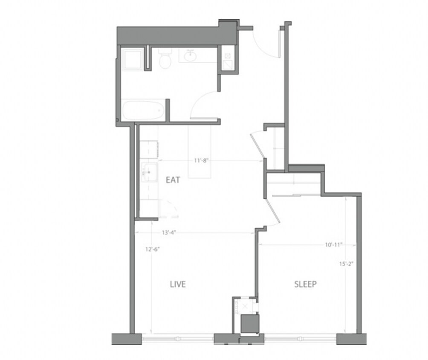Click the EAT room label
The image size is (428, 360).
point(173,180)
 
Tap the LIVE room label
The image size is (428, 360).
point(177,284)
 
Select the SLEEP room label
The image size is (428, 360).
point(305,284)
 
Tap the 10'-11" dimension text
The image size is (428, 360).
point(333,245)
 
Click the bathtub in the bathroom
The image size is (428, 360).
point(143,110)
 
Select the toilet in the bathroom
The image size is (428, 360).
point(164,60)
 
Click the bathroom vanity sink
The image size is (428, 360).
point(190,55)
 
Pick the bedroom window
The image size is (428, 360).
point(301,339)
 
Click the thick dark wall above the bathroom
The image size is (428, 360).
point(171,35)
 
